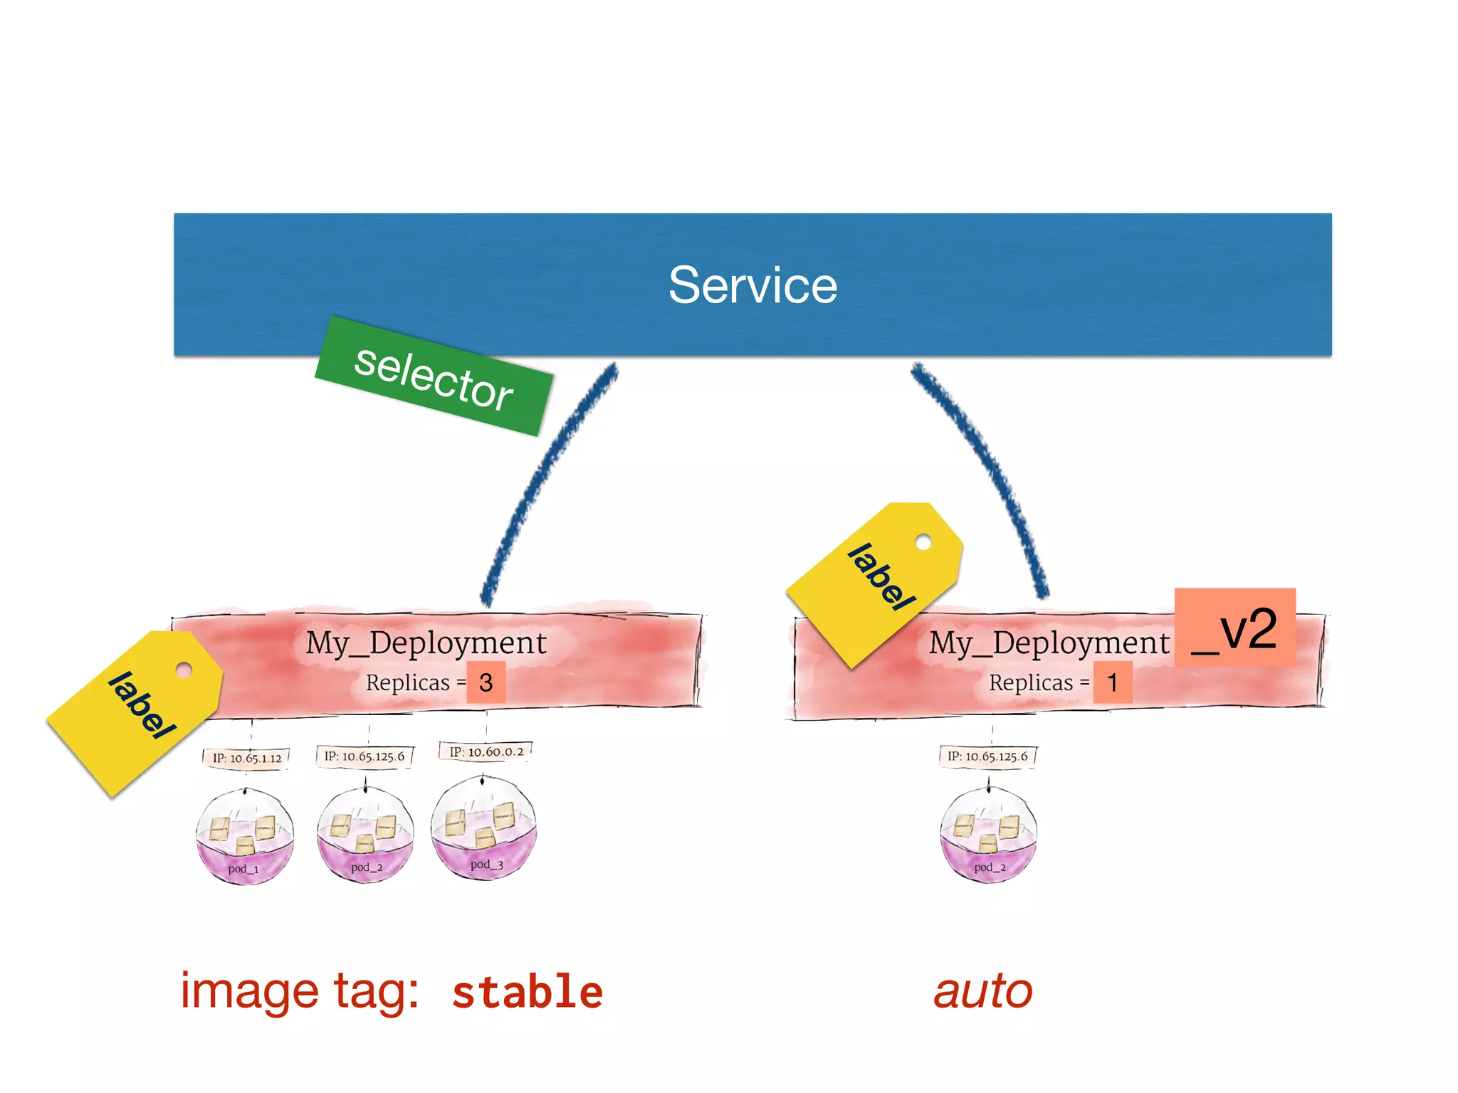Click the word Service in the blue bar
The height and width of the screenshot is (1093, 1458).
tap(752, 285)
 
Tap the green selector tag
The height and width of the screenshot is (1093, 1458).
tap(434, 376)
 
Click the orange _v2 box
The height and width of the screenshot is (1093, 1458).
tap(1234, 628)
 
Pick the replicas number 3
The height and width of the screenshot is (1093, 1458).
tap(486, 683)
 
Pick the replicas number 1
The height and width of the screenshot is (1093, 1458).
tap(1112, 683)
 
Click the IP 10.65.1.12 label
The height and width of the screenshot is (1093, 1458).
tap(246, 759)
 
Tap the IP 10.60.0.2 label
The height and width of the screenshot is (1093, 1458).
tap(486, 752)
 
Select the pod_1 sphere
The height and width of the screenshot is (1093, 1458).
tap(244, 838)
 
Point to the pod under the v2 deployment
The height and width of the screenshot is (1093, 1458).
tap(988, 836)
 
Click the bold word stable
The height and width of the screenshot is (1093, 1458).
tap(528, 993)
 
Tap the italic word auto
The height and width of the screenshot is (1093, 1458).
tap(982, 991)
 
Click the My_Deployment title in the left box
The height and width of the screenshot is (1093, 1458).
tap(426, 643)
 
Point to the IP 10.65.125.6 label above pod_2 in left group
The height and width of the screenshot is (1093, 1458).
tap(364, 756)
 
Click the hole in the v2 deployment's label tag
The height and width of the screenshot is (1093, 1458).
tap(923, 542)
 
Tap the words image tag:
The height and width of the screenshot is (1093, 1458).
tap(299, 991)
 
